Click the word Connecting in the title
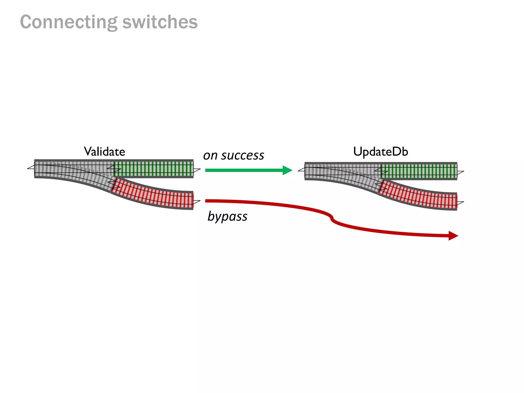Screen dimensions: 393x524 (69, 22)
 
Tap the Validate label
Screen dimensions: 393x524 (104, 151)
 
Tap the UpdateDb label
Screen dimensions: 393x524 (380, 151)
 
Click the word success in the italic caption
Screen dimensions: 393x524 (243, 155)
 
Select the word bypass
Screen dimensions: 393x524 (227, 216)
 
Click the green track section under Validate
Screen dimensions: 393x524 (154, 169)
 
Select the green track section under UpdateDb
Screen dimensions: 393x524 (419, 171)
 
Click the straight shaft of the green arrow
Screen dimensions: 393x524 (243, 170)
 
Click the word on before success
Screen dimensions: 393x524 (210, 155)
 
